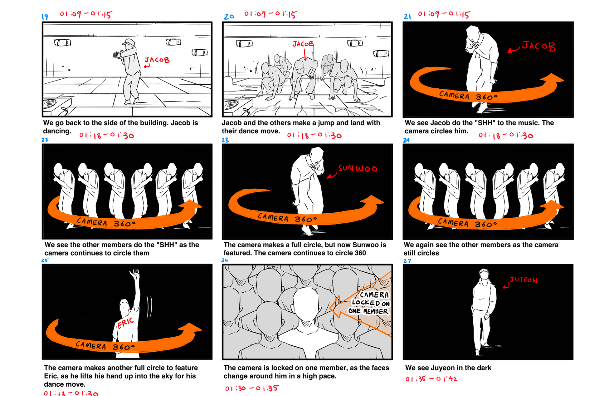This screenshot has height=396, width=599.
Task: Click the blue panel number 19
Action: (x=45, y=17)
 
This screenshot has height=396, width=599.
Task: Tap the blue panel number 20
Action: (x=229, y=17)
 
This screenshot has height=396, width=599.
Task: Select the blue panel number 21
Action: (x=407, y=17)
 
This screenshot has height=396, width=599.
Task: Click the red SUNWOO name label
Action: (x=358, y=169)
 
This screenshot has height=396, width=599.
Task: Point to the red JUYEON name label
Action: (x=524, y=280)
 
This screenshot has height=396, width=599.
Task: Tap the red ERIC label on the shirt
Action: (x=125, y=323)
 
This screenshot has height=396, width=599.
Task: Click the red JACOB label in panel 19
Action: (x=157, y=60)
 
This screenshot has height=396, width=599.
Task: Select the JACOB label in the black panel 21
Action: (x=538, y=46)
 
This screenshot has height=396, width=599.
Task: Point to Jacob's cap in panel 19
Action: (x=129, y=42)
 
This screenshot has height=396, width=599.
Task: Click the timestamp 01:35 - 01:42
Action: (x=431, y=379)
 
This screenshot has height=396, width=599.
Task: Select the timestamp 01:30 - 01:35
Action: (x=252, y=388)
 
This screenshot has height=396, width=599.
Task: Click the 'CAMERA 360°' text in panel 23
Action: (x=287, y=218)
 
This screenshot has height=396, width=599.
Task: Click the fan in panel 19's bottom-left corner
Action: (x=51, y=103)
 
